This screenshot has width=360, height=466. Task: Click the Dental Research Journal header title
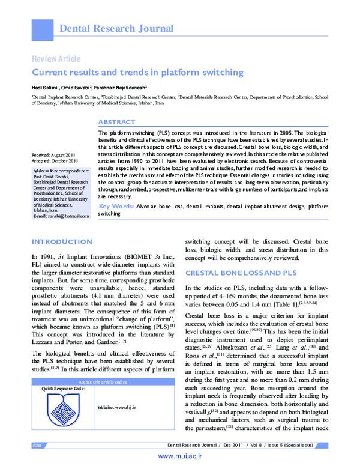point(116,28)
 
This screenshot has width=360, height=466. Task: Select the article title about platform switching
point(137,73)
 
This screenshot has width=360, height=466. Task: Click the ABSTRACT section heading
point(116,121)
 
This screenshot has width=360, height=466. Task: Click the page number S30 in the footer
point(36,444)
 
